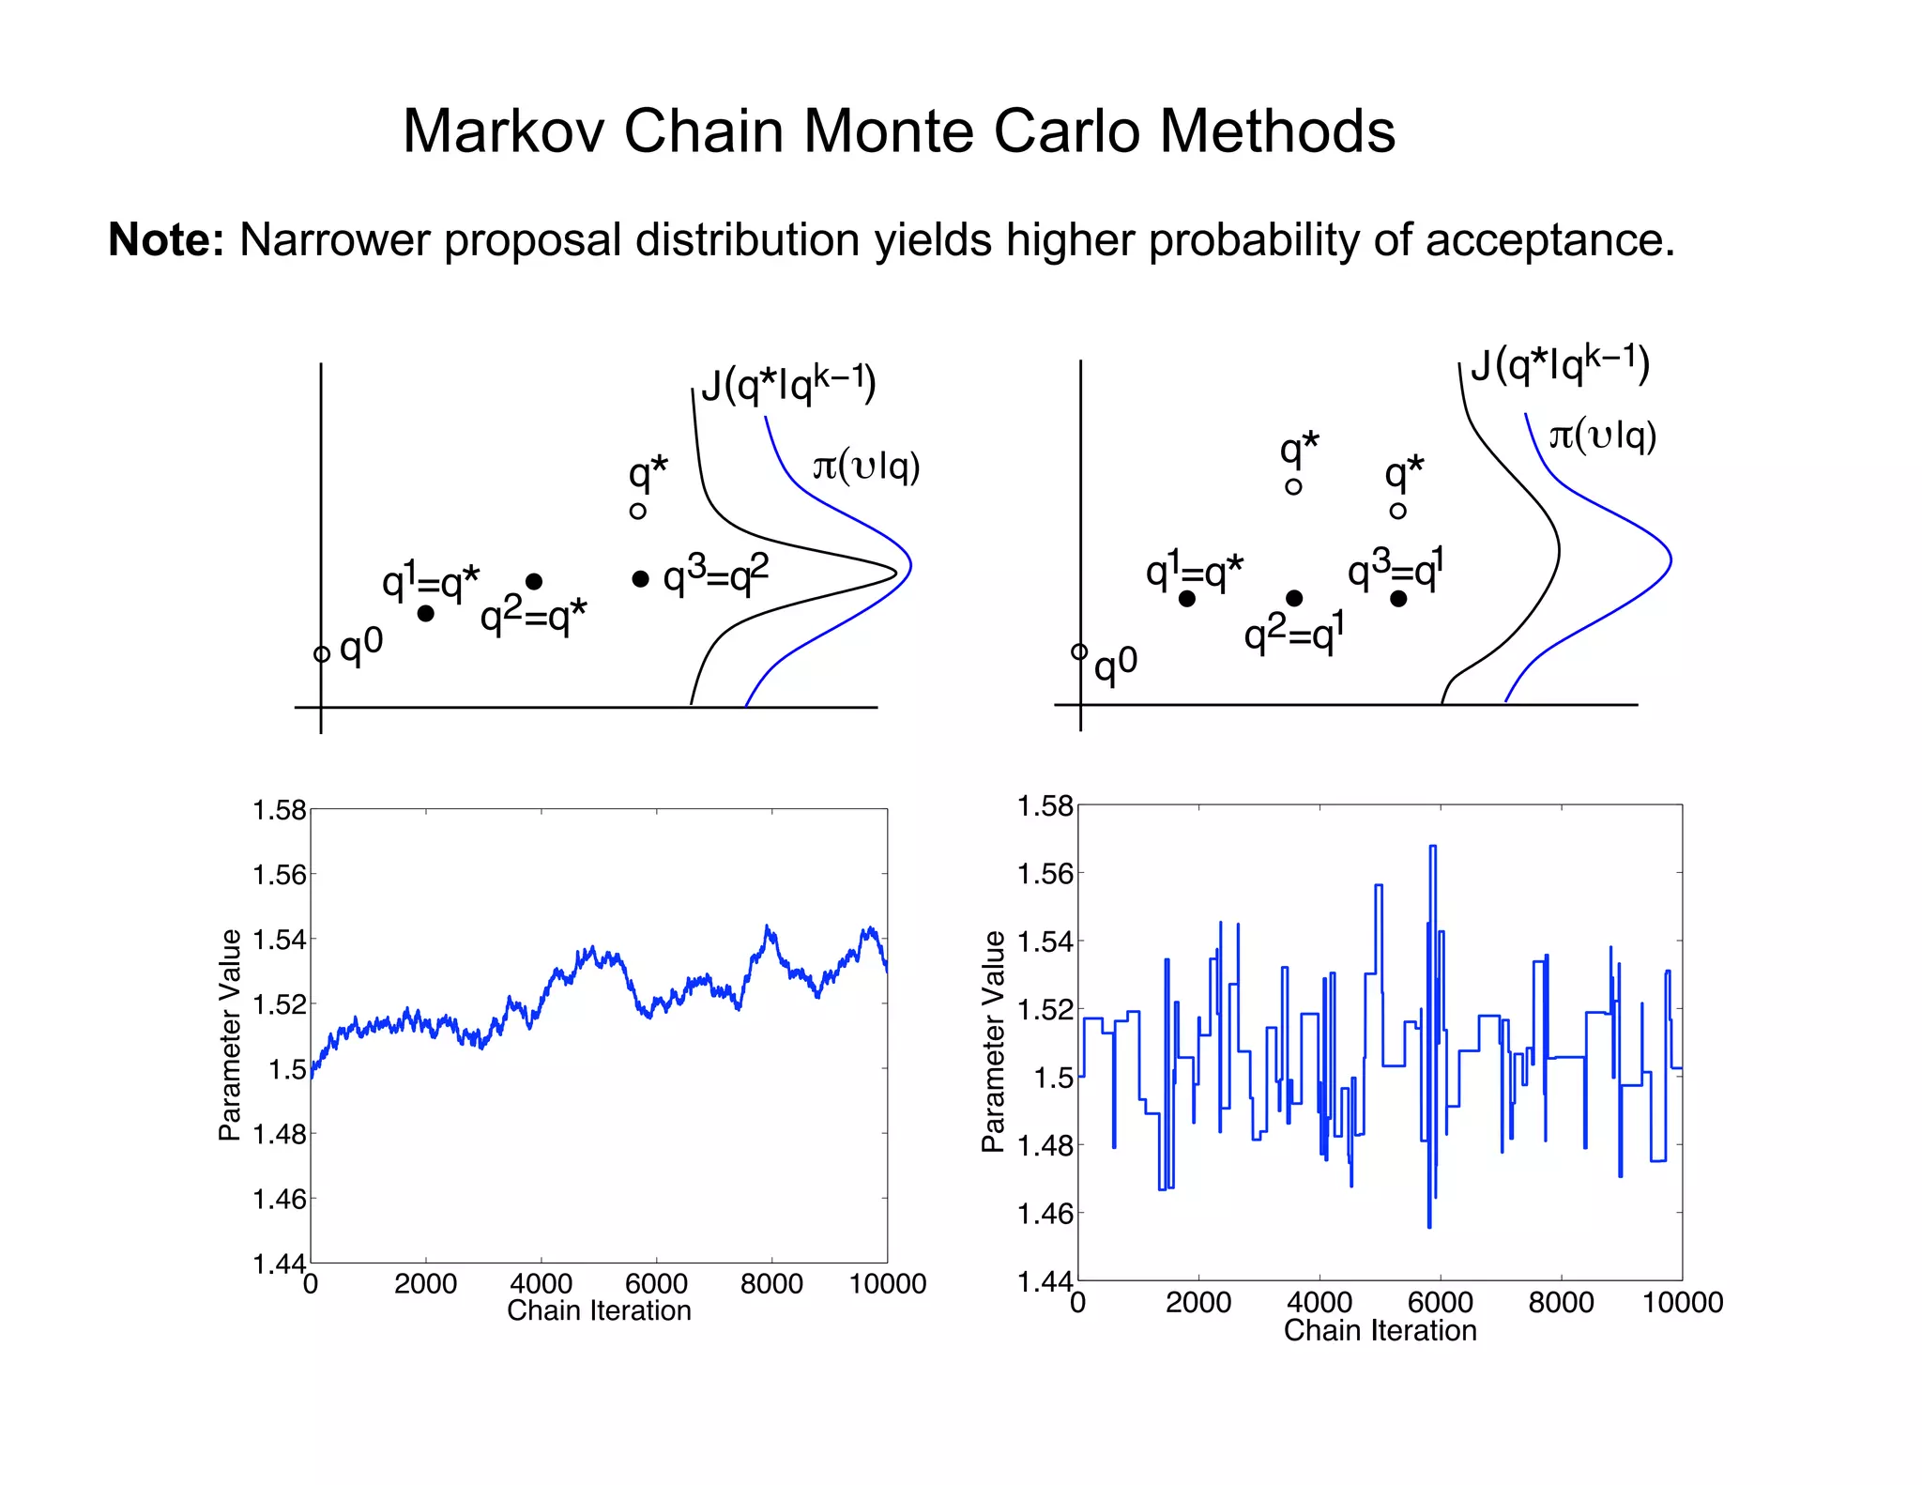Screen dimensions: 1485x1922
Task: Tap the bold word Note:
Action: (166, 239)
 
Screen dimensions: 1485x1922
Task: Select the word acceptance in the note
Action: (1548, 240)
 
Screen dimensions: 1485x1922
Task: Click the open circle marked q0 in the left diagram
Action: (322, 654)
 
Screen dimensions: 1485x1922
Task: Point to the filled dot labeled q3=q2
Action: (640, 579)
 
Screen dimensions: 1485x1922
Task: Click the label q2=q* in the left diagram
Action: (533, 617)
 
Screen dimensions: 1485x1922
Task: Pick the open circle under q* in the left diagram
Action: (638, 512)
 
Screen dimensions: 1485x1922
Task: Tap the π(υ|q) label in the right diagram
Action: (1602, 435)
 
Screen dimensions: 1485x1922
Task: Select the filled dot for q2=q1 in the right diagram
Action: (1294, 598)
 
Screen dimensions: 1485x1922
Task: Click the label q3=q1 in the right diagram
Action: (1396, 569)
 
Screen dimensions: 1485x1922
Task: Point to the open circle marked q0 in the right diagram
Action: (1079, 651)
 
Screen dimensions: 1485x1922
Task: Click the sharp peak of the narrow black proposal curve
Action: (895, 570)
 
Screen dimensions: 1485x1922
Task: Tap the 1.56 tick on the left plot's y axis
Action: (280, 875)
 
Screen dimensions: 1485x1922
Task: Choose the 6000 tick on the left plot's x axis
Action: (656, 1283)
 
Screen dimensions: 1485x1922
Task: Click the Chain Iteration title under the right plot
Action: (1380, 1330)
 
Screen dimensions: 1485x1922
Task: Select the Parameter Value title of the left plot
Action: (230, 1035)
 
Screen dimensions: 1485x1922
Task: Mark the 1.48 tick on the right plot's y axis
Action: (1045, 1145)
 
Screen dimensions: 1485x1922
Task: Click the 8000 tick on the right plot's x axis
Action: (1561, 1302)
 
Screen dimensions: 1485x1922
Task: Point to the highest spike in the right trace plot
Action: (1432, 847)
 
